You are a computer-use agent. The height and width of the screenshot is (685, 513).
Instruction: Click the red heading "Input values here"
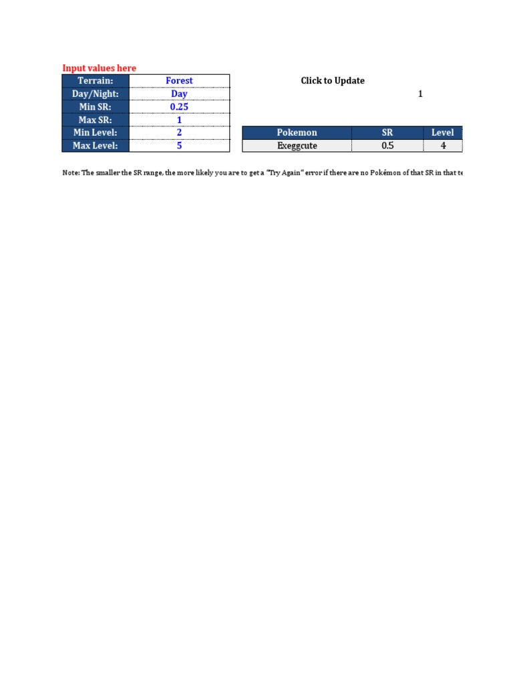(99, 68)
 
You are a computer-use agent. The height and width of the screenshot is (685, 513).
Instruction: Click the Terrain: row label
(96, 81)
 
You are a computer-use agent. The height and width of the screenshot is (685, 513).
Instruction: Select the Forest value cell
(179, 81)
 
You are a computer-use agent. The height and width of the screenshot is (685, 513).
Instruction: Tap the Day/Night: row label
(96, 94)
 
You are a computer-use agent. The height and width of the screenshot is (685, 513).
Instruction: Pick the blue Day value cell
(179, 94)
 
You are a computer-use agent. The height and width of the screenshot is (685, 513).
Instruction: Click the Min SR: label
(96, 107)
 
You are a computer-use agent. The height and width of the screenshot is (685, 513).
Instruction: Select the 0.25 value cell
(179, 107)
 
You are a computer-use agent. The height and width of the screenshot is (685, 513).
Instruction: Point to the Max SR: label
(96, 120)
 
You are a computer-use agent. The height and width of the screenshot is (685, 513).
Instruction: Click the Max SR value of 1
(179, 120)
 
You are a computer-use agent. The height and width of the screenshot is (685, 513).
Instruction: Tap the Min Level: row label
(96, 132)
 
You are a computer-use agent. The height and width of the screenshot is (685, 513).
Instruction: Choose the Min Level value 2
(179, 132)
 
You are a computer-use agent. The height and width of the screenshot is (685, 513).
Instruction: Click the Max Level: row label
(96, 145)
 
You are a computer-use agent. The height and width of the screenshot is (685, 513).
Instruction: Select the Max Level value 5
(179, 145)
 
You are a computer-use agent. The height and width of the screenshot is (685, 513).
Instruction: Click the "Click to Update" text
(333, 81)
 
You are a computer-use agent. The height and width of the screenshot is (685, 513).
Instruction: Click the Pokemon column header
(297, 132)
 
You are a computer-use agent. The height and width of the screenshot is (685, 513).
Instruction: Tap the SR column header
(387, 132)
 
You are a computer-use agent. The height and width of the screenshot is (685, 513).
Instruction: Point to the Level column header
(442, 132)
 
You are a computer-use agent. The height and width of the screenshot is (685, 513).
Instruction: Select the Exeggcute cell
(297, 145)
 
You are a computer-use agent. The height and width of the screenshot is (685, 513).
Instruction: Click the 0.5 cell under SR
(387, 145)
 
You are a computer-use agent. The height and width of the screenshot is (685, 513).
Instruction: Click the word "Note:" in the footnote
(70, 173)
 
